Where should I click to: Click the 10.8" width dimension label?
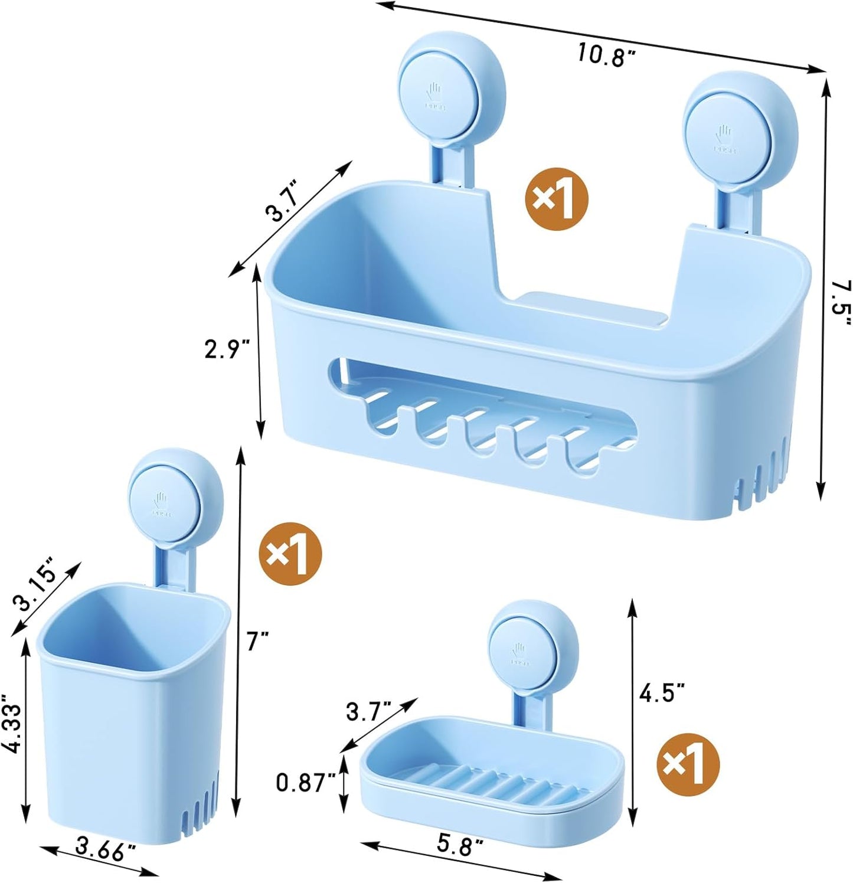click(606, 54)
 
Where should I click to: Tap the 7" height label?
click(257, 640)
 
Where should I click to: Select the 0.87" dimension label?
click(306, 783)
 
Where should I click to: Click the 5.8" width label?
click(460, 846)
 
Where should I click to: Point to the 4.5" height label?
click(662, 692)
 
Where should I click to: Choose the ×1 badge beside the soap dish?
click(688, 765)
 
